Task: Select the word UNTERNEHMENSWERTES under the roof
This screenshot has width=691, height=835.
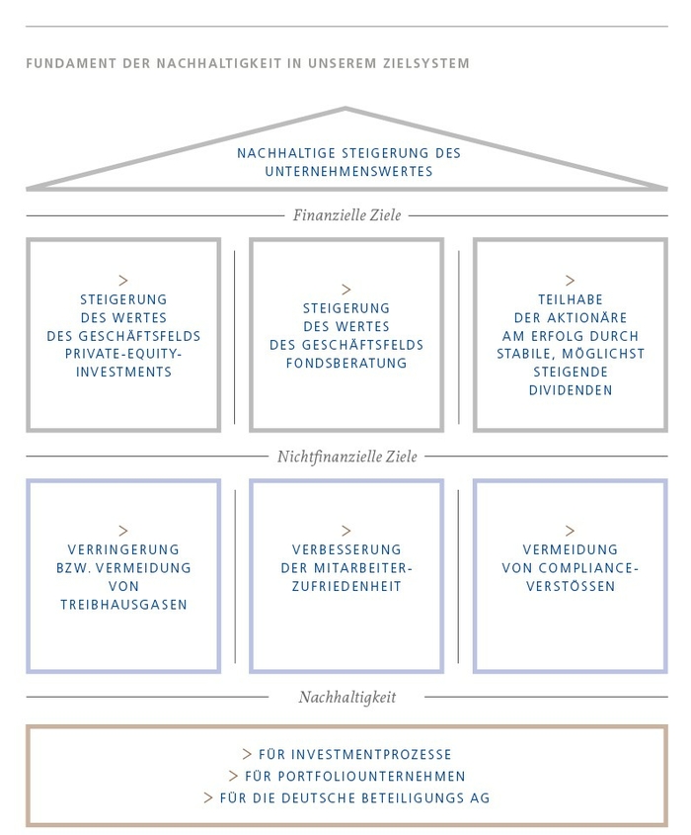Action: pos(349,172)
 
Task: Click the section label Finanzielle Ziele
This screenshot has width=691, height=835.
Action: pos(346,215)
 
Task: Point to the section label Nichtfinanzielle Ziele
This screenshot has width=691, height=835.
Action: pos(346,457)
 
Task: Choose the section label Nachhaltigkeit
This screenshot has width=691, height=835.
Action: pos(346,697)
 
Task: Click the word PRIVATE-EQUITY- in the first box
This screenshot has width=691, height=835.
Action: pos(123,354)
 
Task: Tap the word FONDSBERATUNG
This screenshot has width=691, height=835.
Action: pos(346,364)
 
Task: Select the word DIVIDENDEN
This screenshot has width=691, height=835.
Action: pos(571,390)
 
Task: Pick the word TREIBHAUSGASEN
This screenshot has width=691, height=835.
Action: pos(123,605)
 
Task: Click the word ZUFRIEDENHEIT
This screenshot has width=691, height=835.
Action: pos(346,586)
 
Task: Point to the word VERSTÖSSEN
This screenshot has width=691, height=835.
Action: pos(571,586)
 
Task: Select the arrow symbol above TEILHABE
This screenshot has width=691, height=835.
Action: pos(571,280)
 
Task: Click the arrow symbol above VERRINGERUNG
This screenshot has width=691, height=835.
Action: pos(123,531)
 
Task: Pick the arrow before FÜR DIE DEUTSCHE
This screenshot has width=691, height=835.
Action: pos(208,797)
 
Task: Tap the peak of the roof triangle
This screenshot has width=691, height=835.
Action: pos(345,108)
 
